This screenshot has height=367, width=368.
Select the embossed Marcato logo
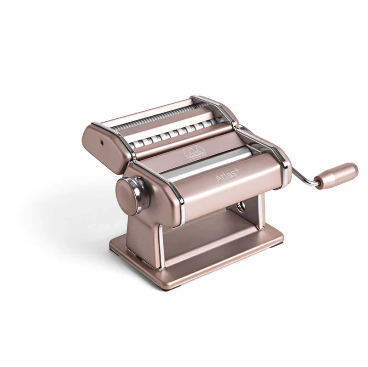[195, 153]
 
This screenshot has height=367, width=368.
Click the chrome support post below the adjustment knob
[161, 241]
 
